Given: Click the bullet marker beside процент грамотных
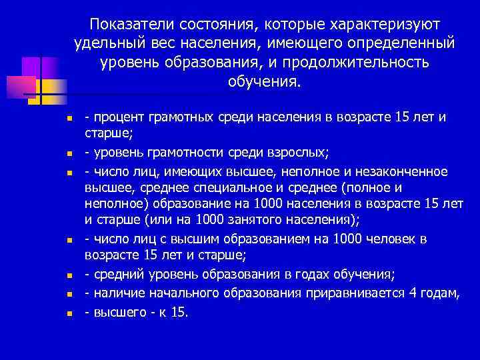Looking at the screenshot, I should [78, 119].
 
